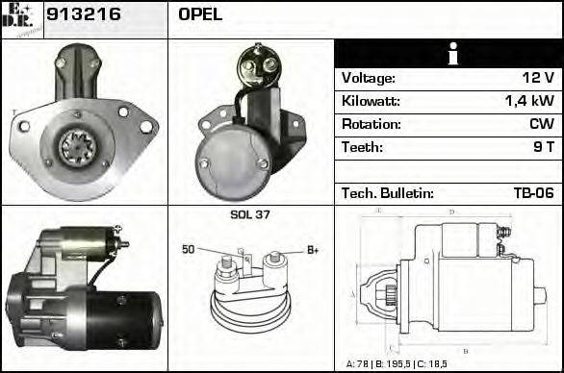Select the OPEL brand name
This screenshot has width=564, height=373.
[200, 14]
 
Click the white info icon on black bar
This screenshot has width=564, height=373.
[449, 54]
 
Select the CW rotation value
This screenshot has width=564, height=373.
[541, 125]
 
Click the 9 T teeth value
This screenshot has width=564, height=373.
[544, 148]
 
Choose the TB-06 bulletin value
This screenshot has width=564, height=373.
[533, 193]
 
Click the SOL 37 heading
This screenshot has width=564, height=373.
[250, 214]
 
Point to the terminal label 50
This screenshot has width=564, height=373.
[189, 250]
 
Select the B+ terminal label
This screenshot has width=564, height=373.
[313, 250]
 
